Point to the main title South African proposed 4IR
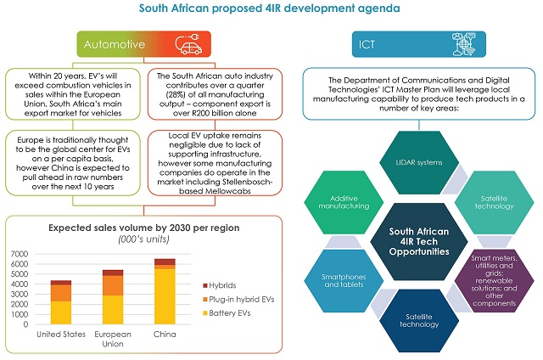tap(271, 10)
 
